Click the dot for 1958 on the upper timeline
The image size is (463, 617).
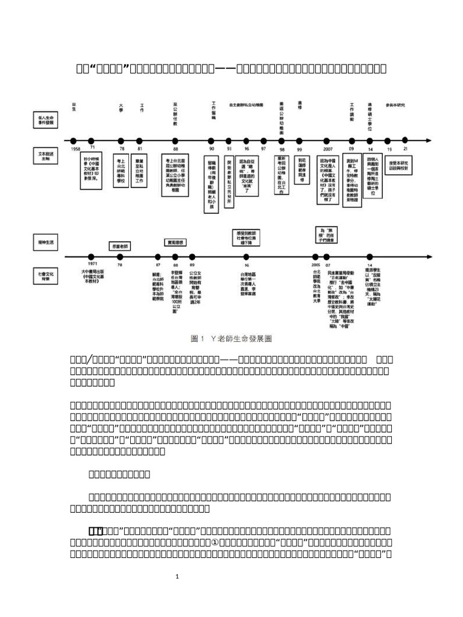[75, 140]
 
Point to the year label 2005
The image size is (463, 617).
[316, 264]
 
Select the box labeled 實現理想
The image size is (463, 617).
[174, 242]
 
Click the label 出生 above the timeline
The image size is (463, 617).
[74, 106]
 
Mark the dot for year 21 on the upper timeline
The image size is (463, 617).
[405, 140]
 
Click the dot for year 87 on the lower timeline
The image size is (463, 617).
[158, 256]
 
